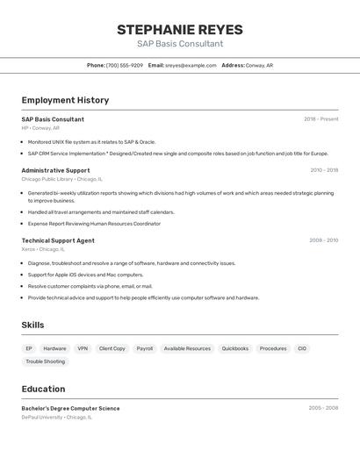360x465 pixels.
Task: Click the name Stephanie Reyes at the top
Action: tap(180, 30)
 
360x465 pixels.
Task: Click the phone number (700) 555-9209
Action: tap(124, 65)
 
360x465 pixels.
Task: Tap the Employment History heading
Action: tap(65, 100)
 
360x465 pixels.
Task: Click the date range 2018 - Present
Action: tap(321, 119)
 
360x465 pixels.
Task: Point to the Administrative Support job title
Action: tap(55, 170)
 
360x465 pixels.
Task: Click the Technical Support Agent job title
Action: tap(58, 240)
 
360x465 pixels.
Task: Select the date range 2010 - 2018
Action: tap(324, 170)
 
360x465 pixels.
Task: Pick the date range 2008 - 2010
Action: tap(323, 240)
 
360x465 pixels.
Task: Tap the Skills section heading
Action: tap(32, 325)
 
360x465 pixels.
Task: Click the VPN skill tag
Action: tap(83, 348)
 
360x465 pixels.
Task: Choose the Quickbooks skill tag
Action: tap(235, 348)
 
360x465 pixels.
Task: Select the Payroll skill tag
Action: tap(145, 348)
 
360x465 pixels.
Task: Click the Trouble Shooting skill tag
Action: tap(46, 361)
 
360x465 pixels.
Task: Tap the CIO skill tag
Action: tap(302, 348)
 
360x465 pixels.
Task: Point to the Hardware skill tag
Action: tap(54, 348)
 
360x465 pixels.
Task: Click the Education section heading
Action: tap(43, 389)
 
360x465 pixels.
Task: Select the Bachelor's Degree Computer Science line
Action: tap(70, 408)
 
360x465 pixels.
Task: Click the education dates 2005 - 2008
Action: tap(323, 408)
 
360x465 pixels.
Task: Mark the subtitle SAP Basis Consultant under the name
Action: tap(180, 44)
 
